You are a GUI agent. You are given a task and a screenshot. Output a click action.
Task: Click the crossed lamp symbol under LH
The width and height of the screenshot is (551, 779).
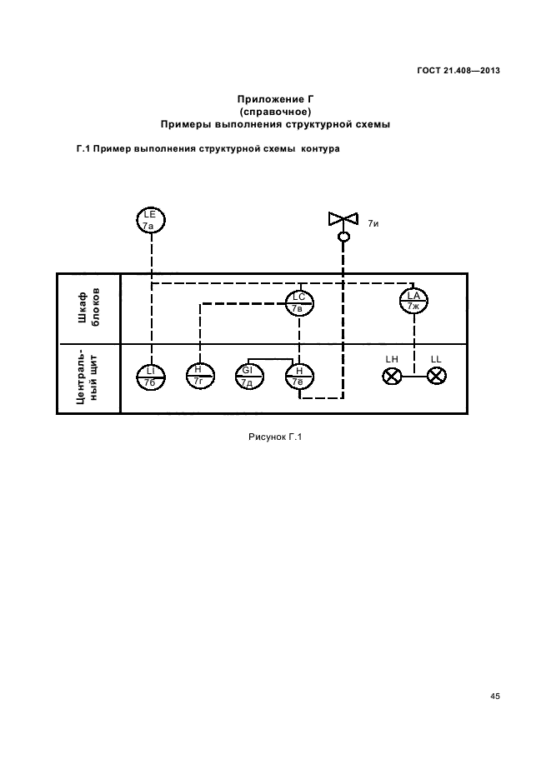tap(392, 376)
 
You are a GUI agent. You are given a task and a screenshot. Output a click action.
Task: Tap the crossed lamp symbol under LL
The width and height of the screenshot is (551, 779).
tap(436, 376)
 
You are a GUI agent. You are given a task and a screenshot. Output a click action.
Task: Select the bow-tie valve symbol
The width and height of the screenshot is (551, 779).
tap(343, 218)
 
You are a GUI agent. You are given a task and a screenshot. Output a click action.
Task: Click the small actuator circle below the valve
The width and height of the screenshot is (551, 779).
tap(343, 237)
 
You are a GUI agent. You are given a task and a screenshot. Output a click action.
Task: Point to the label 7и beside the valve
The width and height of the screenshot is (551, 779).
tap(373, 223)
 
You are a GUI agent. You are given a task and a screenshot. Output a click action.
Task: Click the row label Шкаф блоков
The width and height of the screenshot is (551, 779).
tap(89, 308)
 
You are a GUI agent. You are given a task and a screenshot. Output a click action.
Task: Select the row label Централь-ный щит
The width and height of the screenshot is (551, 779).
tap(88, 377)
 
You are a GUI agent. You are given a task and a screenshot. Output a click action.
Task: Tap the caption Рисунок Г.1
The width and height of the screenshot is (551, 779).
tap(275, 437)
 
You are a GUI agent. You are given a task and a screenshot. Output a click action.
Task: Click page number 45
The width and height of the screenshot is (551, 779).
tap(495, 696)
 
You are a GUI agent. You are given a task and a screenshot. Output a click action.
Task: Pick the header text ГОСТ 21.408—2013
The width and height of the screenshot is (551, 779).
tap(458, 71)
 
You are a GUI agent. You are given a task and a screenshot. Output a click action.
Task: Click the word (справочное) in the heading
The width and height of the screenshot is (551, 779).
tap(275, 112)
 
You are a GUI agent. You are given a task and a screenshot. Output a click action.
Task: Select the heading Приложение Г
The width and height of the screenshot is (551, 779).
tap(275, 99)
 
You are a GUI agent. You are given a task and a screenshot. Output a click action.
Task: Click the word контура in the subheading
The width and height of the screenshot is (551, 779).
tap(320, 148)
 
